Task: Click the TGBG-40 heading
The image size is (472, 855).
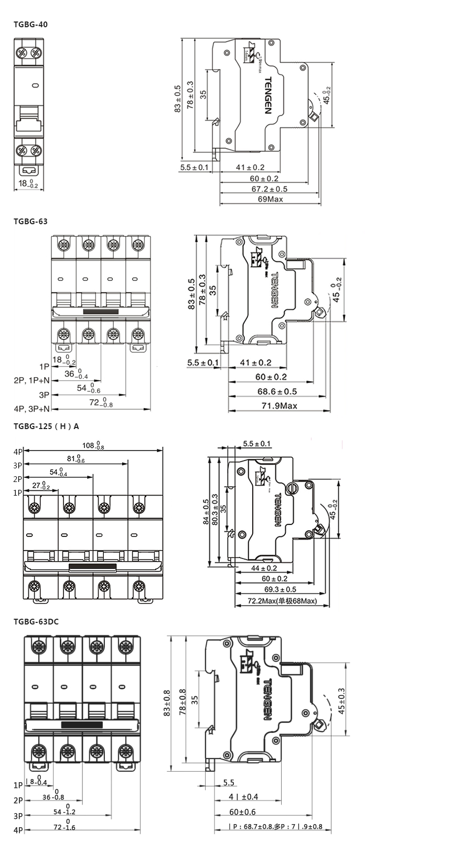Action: point(31,24)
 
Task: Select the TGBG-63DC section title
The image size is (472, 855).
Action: point(36,621)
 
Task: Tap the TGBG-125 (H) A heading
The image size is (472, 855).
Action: point(46,426)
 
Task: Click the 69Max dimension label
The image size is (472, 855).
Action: point(270,200)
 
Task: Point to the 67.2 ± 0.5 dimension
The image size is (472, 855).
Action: point(269,189)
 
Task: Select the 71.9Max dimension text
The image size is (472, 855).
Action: point(279,405)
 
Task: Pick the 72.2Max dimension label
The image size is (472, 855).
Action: point(282,601)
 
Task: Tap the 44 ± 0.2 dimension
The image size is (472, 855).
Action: point(264,568)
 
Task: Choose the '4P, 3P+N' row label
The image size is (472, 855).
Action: point(32,409)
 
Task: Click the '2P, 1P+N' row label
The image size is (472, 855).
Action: point(31,380)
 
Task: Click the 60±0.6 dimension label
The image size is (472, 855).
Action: point(242,812)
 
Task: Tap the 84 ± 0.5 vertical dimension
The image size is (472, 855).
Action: point(206,512)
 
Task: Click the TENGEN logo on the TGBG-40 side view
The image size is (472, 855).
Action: point(267,95)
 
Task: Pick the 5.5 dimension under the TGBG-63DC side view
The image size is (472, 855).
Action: point(229,783)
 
